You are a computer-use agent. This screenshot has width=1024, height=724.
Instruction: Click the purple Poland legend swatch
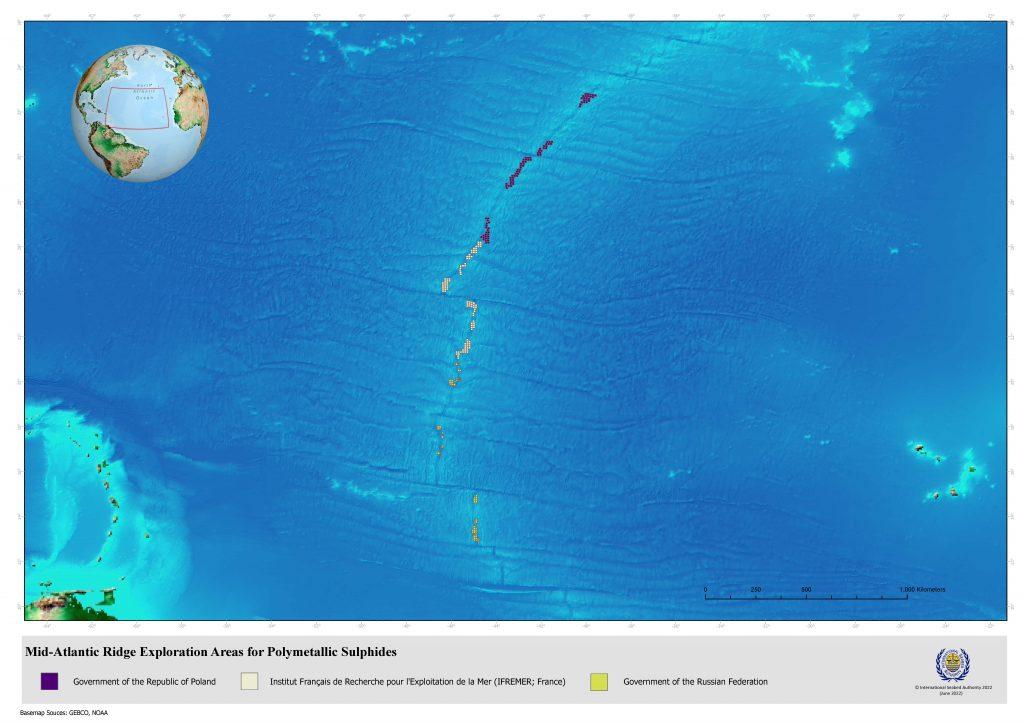(49, 681)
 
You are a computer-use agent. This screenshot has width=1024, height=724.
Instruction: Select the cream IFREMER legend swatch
(250, 681)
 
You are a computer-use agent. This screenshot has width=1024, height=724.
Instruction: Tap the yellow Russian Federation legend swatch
(599, 681)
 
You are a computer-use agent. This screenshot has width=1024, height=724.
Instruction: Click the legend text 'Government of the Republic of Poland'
(144, 682)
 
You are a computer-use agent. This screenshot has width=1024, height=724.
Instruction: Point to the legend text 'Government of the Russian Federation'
(695, 682)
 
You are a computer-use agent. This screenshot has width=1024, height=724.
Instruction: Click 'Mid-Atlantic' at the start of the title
(58, 652)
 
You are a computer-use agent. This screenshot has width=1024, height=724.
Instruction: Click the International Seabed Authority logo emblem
(952, 664)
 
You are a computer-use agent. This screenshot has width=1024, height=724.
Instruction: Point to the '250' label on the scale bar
(755, 589)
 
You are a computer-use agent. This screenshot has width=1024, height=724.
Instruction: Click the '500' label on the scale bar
(806, 589)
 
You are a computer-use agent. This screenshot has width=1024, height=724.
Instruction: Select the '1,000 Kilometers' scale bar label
(922, 589)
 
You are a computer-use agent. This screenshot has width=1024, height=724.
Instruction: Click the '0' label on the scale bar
(705, 589)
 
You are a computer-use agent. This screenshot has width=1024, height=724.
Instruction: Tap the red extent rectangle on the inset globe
(136, 108)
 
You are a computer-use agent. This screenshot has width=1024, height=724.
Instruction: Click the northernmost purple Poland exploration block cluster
(588, 97)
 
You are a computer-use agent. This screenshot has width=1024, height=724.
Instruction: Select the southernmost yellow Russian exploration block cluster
(475, 530)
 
